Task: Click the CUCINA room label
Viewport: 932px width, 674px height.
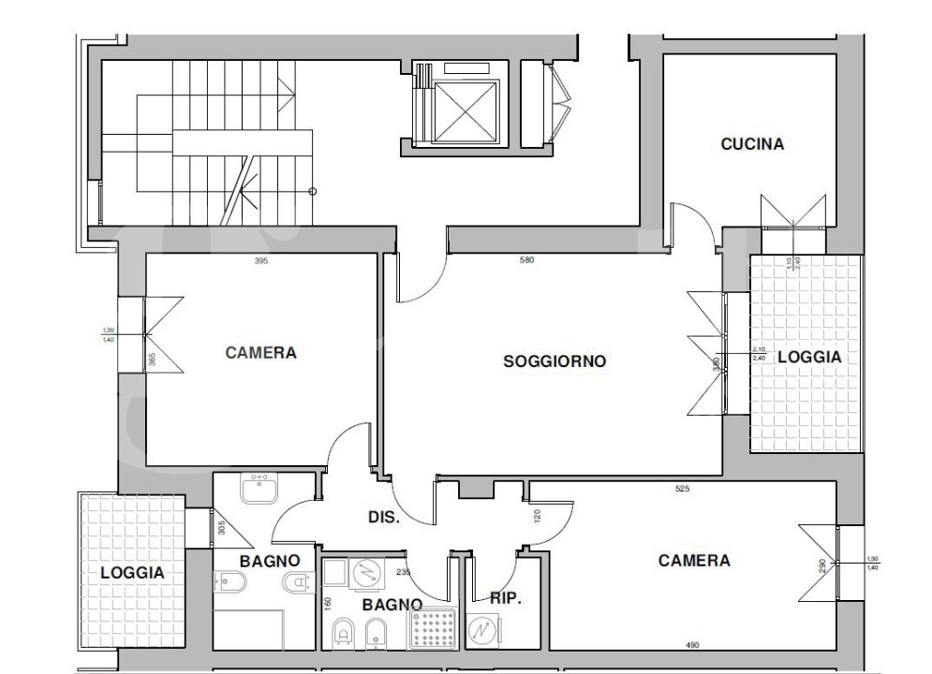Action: pos(751,144)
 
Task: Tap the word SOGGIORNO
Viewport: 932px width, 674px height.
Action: pos(555,360)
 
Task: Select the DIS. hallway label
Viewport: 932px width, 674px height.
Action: pos(382,517)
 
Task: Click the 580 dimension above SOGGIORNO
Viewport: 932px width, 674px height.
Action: pos(527,260)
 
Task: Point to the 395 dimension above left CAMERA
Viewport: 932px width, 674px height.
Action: pos(261,261)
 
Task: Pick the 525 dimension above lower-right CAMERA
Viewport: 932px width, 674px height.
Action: pos(683,489)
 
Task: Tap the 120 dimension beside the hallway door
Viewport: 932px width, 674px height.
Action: pos(537,515)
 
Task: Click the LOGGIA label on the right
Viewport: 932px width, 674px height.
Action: pos(808,357)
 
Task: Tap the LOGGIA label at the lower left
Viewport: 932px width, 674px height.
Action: pos(132,572)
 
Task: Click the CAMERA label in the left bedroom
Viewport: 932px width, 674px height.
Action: pos(260,353)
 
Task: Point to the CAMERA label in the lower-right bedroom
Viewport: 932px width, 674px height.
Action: pos(693,561)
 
